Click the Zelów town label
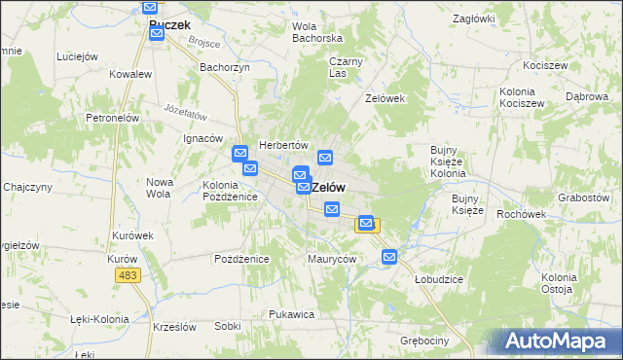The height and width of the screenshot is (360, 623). click(x=329, y=187)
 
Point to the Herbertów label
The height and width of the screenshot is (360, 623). click(x=283, y=144)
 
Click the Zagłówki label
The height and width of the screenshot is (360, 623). click(x=474, y=18)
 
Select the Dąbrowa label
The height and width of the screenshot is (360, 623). click(x=586, y=97)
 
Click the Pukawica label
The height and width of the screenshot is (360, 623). click(x=290, y=314)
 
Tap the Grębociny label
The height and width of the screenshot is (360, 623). click(x=423, y=341)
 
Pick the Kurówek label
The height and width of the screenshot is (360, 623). click(x=133, y=235)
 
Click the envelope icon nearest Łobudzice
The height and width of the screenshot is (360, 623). click(x=389, y=257)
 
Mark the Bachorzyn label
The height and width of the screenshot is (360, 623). click(x=225, y=67)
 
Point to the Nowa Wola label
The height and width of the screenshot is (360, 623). click(x=159, y=187)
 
